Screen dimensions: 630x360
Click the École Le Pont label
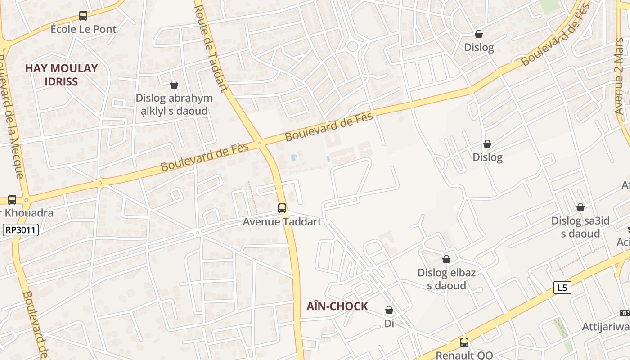click(83, 29)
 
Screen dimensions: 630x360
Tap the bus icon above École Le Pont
click(83, 16)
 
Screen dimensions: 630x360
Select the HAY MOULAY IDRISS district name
click(61, 75)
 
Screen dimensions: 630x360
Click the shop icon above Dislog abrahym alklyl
click(174, 85)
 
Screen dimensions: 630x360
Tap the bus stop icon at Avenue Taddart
click(282, 208)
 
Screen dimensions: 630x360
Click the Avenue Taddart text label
click(282, 222)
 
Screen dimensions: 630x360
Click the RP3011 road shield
click(21, 230)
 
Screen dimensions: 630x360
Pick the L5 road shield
click(562, 288)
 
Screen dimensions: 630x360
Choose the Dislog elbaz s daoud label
click(446, 279)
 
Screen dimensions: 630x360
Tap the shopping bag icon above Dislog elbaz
click(446, 259)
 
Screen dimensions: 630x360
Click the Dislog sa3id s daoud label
click(580, 227)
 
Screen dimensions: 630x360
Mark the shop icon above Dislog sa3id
click(580, 207)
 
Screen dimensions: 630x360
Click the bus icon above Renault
click(464, 342)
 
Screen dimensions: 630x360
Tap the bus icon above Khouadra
click(12, 200)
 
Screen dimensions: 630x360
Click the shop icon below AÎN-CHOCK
click(389, 310)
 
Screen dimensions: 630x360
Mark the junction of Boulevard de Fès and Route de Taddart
click(260, 144)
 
